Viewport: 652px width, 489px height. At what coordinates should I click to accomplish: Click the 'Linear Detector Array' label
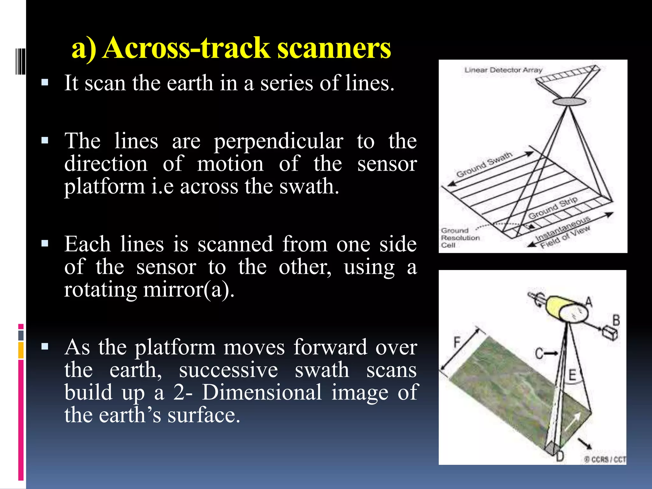[503, 70]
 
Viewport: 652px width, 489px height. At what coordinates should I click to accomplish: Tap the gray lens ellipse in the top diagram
[569, 102]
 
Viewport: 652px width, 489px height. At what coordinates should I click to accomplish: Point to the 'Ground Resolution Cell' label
[460, 238]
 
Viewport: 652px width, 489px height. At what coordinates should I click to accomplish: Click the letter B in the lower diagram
[616, 320]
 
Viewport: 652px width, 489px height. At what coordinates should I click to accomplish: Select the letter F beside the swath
[457, 343]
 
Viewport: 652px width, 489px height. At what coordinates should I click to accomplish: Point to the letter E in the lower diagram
[572, 375]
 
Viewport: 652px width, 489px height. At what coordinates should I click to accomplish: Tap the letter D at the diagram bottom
[560, 456]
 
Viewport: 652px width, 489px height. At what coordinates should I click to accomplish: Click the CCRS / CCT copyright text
[605, 459]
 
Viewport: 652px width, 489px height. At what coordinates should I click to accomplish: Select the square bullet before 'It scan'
[45, 83]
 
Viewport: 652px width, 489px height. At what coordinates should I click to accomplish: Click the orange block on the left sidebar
[21, 350]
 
